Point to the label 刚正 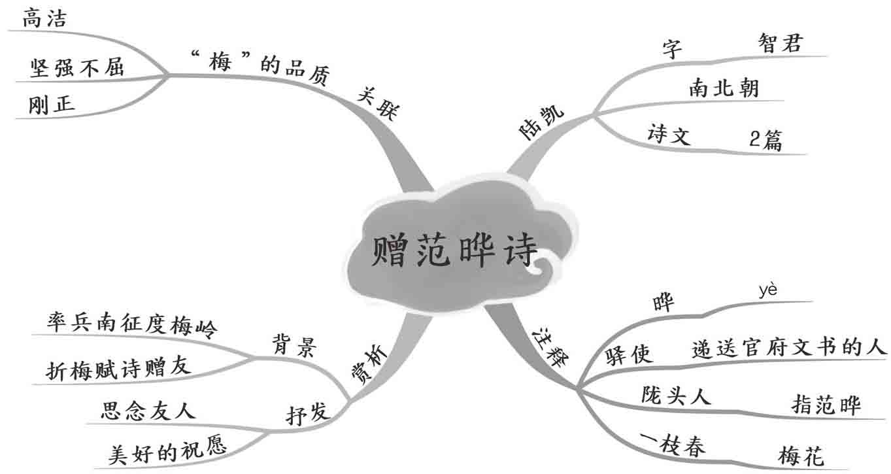[x=52, y=105]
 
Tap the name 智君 [x=781, y=42]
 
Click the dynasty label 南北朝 [x=724, y=87]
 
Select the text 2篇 [x=765, y=141]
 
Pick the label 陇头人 [x=675, y=396]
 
